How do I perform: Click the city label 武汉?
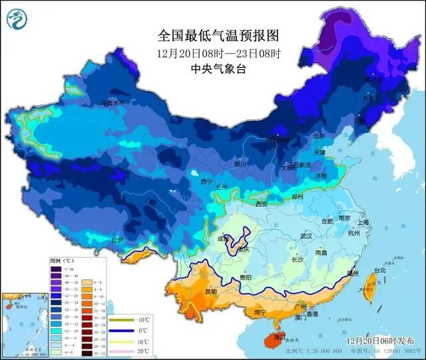click(306, 236)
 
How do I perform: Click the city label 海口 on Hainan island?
click(271, 338)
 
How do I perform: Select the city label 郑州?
click(298, 198)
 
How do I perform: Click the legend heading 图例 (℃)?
click(63, 261)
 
